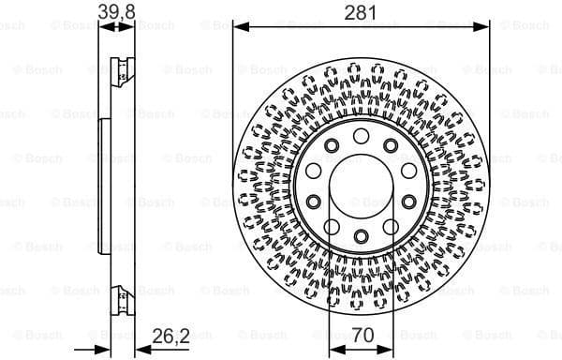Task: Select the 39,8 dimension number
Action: click(x=115, y=11)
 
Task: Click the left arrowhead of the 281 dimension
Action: click(x=237, y=25)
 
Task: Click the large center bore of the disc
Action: click(x=361, y=185)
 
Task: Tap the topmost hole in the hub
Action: click(x=361, y=137)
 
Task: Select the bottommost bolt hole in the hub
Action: click(x=361, y=233)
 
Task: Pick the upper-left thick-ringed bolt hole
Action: click(x=333, y=145)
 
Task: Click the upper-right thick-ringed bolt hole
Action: click(x=389, y=145)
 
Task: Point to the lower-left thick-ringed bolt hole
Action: click(x=333, y=225)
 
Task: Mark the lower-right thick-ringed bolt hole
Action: click(x=389, y=225)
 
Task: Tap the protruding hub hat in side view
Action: click(x=102, y=183)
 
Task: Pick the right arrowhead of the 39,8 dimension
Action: click(x=133, y=25)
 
